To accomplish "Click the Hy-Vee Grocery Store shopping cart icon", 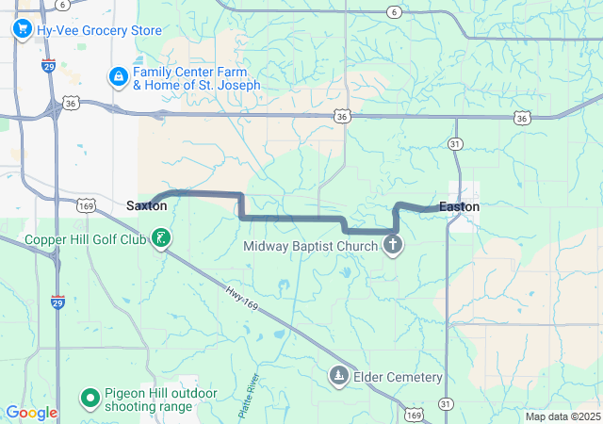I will coord(22,29).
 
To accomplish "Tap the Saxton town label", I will coord(146,205).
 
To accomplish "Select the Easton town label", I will coord(459,206).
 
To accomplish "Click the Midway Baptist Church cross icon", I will coord(393,247).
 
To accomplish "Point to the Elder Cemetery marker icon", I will coord(338,377).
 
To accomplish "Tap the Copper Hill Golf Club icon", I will coord(162,239).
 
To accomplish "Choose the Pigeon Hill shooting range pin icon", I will coord(90,400).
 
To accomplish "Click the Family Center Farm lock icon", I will coord(118,77).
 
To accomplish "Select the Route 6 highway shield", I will coord(393,11).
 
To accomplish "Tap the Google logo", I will coord(32,413).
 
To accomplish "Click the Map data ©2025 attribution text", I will coord(562,416).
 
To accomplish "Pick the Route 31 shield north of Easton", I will coord(455,143).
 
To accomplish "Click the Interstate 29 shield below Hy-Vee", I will coord(47,66).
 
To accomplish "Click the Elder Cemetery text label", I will coord(398,377).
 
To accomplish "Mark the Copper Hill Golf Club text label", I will coord(87,239).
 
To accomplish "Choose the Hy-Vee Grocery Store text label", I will coord(99,29).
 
